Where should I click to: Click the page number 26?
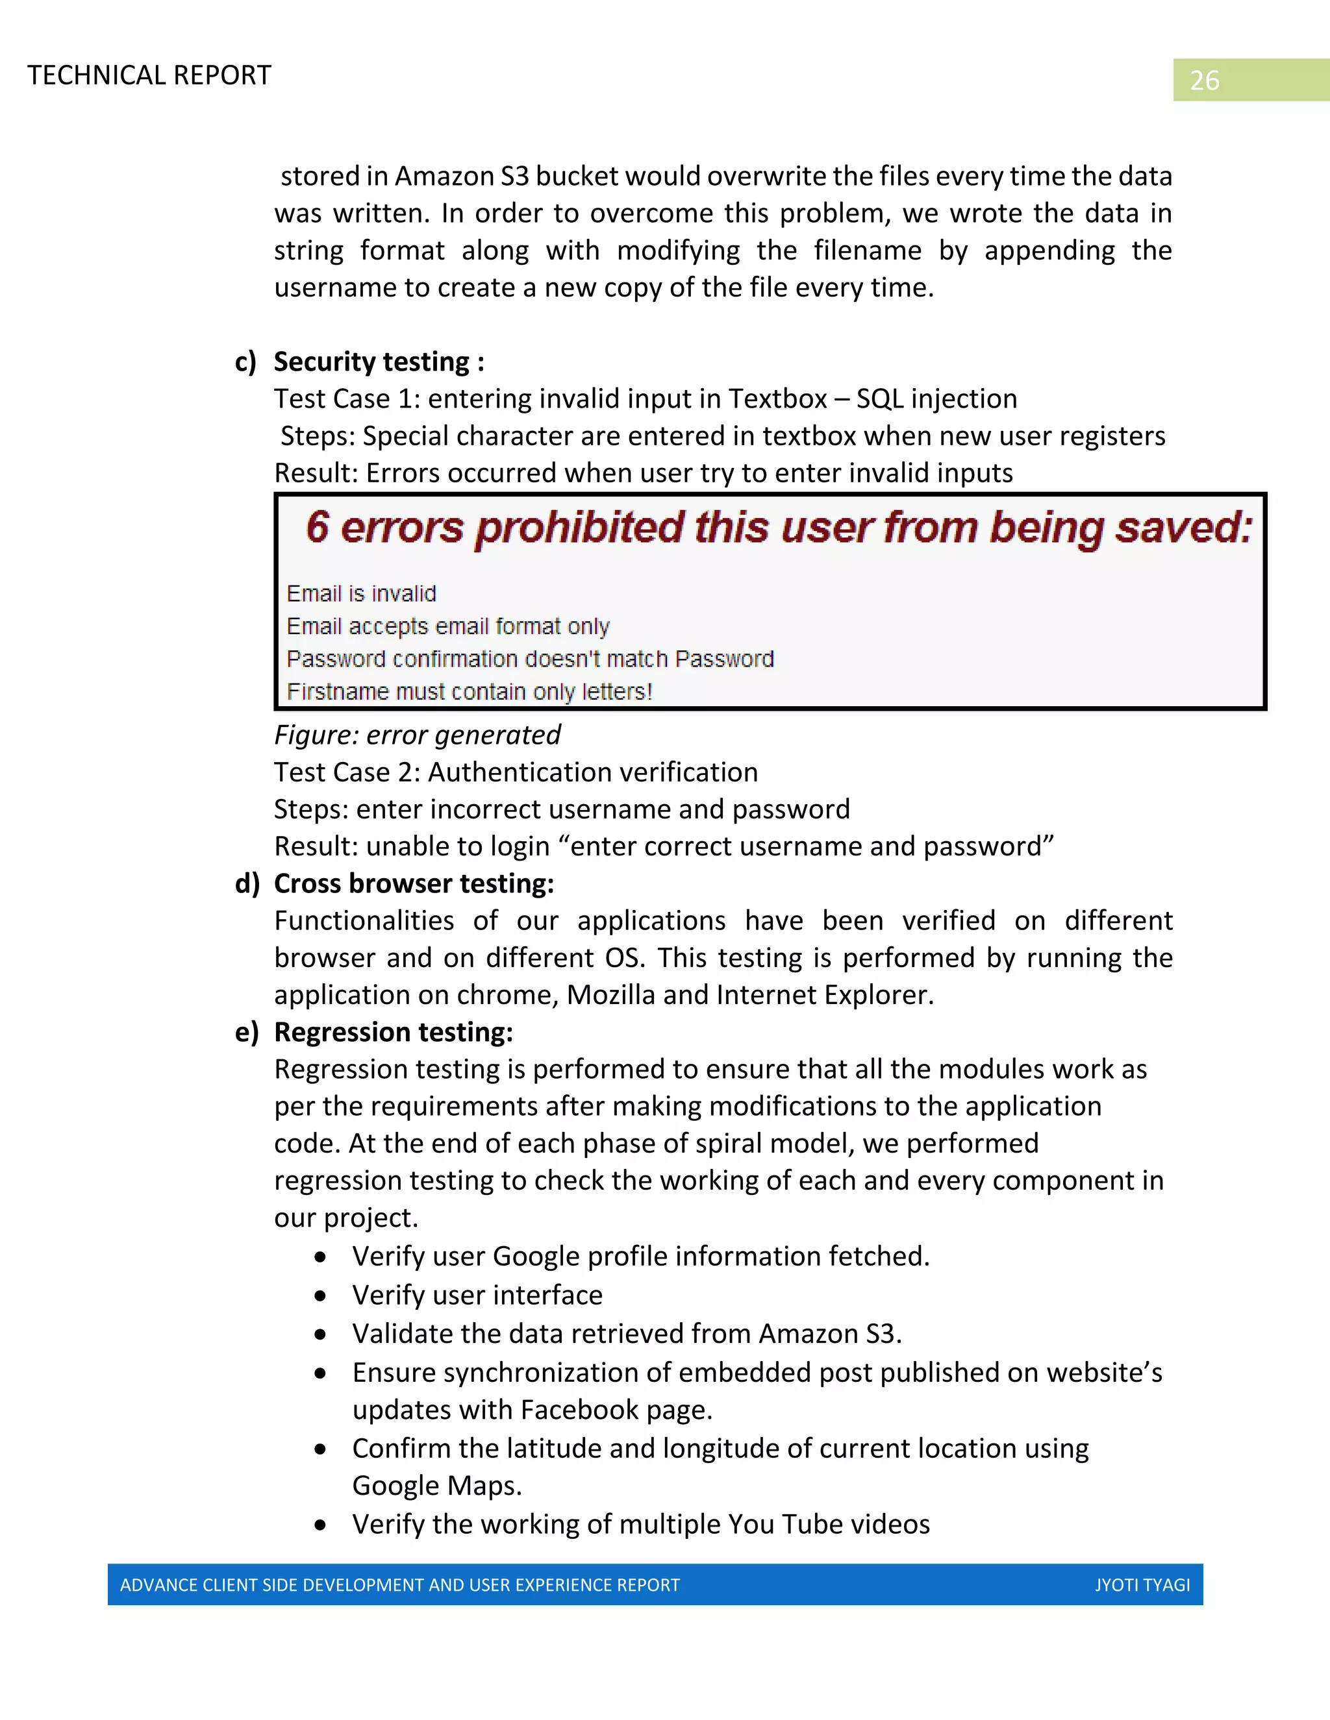[x=1203, y=80]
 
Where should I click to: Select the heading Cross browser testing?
[x=414, y=883]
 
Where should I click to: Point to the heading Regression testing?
[x=393, y=1033]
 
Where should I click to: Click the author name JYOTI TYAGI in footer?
[x=1142, y=1586]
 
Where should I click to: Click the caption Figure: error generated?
[x=417, y=735]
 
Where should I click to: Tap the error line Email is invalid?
[x=361, y=594]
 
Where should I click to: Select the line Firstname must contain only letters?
[x=469, y=691]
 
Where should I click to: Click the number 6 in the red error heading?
[x=318, y=527]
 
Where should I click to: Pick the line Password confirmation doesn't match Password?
[x=529, y=659]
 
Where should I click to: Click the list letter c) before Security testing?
[x=246, y=362]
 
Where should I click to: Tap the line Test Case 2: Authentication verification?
[x=515, y=772]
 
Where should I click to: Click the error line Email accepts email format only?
[x=447, y=627]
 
